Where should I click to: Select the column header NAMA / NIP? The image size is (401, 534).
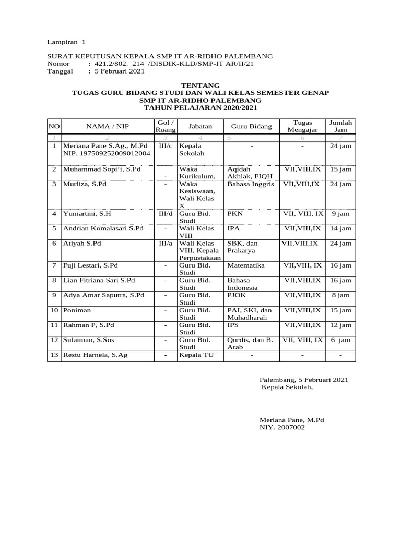click(108, 126)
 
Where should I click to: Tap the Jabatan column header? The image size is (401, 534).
click(200, 126)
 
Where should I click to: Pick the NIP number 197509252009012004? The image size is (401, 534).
click(107, 154)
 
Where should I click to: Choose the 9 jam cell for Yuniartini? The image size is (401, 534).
click(341, 213)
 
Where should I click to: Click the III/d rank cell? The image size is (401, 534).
click(166, 213)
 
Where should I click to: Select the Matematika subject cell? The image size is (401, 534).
click(245, 265)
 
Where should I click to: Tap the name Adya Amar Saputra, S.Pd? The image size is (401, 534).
click(104, 295)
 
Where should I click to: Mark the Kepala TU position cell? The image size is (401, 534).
click(197, 355)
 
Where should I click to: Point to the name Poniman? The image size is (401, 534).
click(77, 310)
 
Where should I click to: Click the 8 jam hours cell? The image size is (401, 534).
click(341, 295)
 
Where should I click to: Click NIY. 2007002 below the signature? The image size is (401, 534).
click(282, 427)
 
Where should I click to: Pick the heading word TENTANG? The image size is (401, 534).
click(200, 86)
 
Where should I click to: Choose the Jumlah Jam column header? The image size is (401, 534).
click(341, 126)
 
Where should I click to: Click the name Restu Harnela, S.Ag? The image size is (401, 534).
click(96, 355)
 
